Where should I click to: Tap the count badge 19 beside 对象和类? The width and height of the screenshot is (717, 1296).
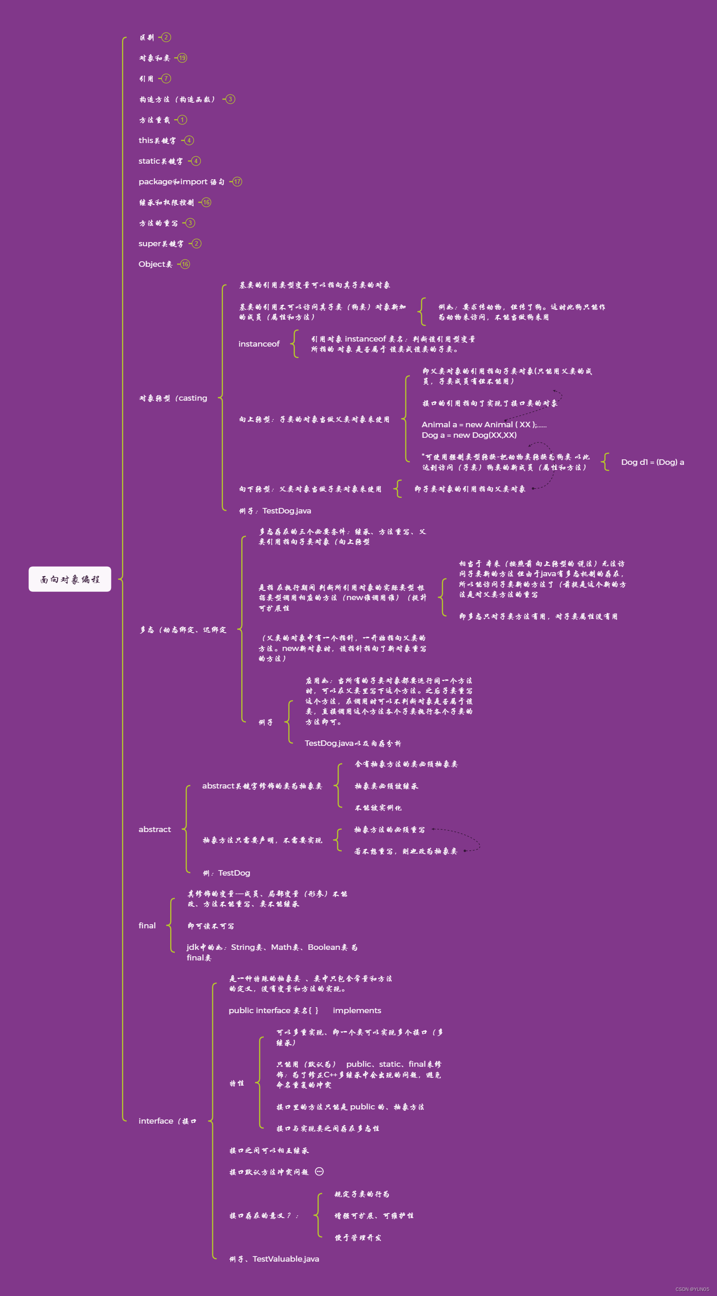coord(182,58)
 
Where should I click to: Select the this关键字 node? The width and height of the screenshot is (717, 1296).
coord(157,140)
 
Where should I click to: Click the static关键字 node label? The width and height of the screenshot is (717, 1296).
coord(161,161)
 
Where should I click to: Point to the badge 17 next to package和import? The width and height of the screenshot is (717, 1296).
coord(237,182)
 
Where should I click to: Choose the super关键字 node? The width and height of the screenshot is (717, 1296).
coord(161,243)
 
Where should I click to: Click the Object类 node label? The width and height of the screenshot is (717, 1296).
coord(155,264)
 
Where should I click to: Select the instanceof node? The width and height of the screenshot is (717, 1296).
coord(259,344)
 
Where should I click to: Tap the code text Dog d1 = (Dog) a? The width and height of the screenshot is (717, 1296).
coord(652,462)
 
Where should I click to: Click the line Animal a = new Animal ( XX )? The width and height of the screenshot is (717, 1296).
coord(484,425)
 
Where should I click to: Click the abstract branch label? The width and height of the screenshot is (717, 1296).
coord(155,829)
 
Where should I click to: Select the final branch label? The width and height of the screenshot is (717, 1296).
coord(147,925)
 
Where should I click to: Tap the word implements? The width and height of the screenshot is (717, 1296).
coord(356,1010)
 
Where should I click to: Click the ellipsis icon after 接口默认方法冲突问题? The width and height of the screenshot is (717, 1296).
coord(319,1171)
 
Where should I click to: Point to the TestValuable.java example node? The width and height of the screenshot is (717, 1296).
coord(274,1259)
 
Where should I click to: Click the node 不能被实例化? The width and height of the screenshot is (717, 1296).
coord(378,807)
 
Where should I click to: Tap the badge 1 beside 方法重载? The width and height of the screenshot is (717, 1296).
coord(182,120)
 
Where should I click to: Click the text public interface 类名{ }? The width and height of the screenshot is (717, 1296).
coord(273,1010)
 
